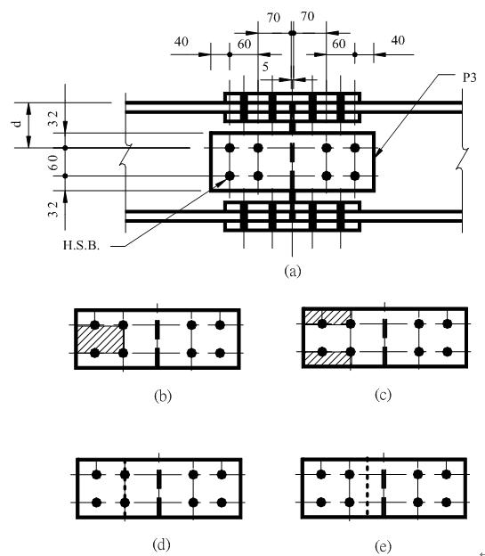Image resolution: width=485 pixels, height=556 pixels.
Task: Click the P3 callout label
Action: [470, 78]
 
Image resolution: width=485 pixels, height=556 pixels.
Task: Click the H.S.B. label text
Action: [81, 245]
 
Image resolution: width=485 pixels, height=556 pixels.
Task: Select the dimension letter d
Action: [17, 124]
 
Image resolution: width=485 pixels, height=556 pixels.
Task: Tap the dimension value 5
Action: [265, 67]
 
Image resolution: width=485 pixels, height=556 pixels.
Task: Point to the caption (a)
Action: [293, 271]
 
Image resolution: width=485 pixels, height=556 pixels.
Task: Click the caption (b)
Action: [163, 396]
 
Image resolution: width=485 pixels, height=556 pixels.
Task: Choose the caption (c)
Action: [383, 395]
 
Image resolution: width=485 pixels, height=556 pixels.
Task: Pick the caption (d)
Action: [161, 544]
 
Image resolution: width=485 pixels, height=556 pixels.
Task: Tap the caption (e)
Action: [383, 545]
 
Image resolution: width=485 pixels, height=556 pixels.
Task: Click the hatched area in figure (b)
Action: [101, 339]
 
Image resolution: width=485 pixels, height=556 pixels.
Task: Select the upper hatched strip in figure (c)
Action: [328, 317]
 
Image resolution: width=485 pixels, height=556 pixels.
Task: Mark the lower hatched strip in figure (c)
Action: [328, 358]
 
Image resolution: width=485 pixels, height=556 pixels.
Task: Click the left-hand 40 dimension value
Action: [181, 42]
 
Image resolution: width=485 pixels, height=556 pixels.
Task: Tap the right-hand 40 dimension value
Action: [398, 40]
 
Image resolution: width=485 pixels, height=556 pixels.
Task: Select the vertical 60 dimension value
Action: [53, 162]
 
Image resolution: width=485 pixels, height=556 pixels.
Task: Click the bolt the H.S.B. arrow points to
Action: [230, 176]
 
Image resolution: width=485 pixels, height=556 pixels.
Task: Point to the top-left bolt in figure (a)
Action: [230, 148]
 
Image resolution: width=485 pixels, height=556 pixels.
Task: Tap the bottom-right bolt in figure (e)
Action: [447, 503]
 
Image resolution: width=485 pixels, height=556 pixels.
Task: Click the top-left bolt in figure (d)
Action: [96, 474]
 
